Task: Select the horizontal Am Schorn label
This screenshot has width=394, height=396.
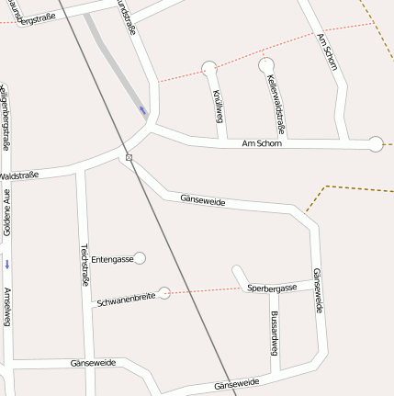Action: click(x=262, y=143)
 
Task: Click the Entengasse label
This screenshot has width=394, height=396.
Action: click(x=112, y=260)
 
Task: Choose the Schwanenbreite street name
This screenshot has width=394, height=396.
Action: click(x=125, y=300)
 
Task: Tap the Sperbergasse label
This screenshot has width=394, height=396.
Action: click(x=272, y=288)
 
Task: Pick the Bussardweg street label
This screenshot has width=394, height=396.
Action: click(x=274, y=332)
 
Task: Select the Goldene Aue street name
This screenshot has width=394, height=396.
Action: click(x=6, y=211)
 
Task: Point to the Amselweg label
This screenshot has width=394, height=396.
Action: click(x=7, y=307)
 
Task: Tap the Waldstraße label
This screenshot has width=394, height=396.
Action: click(x=18, y=175)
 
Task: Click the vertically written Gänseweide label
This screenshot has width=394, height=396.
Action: click(x=318, y=290)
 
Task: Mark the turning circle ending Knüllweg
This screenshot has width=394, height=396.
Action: click(x=209, y=66)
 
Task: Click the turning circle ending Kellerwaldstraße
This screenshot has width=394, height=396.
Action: click(x=265, y=64)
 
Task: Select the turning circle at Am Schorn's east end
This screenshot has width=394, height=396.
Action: click(x=375, y=143)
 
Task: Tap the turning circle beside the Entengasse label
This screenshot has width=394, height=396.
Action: click(x=140, y=258)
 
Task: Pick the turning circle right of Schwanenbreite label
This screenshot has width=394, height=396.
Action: click(x=163, y=293)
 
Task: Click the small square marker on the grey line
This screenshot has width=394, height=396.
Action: click(x=129, y=158)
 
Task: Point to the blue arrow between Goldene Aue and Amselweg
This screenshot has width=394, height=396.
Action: click(x=7, y=265)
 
